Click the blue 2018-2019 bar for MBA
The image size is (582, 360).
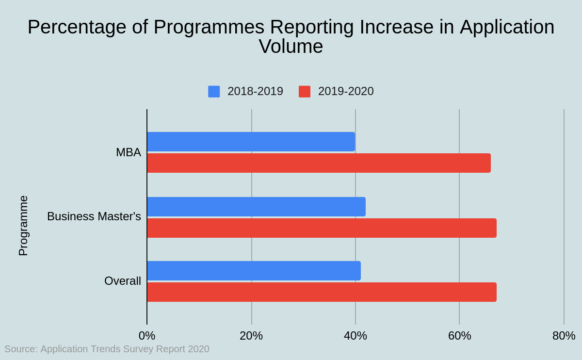click(251, 142)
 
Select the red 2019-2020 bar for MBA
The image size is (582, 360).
click(319, 163)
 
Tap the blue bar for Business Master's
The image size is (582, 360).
click(256, 207)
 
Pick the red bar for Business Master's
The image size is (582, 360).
click(322, 228)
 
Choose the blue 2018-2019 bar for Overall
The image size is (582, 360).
click(254, 271)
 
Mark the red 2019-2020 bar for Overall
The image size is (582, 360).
click(322, 292)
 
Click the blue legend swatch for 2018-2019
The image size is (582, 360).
click(214, 92)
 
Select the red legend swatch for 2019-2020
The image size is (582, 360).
click(305, 92)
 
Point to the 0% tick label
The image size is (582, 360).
click(147, 336)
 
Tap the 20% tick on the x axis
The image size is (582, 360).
click(251, 336)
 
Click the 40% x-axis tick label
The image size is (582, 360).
click(356, 336)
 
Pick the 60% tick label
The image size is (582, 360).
click(459, 336)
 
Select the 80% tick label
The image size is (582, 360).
click(564, 336)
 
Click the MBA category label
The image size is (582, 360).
click(129, 152)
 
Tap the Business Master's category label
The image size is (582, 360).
click(94, 216)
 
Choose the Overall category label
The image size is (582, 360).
click(123, 281)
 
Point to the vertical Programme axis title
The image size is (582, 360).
click(23, 226)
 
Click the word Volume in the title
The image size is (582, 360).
click(291, 47)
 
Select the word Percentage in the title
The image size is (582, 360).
click(76, 27)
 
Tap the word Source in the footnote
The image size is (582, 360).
click(20, 349)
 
